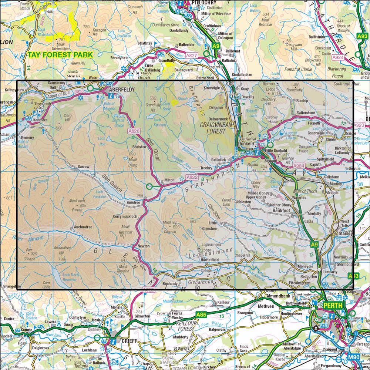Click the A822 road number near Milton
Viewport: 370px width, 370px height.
point(192,178)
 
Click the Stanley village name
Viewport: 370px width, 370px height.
point(346,234)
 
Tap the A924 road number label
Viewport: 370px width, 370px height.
point(338,57)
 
